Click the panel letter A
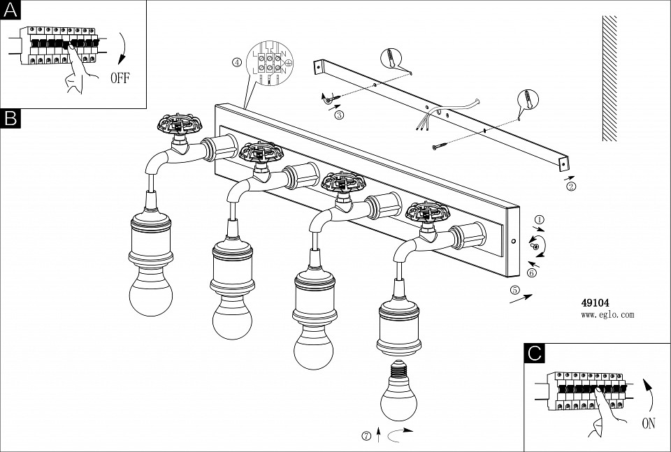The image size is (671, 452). [11, 10]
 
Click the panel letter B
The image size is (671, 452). [11, 118]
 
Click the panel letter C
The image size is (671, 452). [534, 353]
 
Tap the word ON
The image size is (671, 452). [649, 423]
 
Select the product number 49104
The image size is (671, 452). [596, 303]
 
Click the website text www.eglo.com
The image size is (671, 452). [607, 315]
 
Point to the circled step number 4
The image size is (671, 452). [237, 62]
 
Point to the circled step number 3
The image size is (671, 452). [339, 115]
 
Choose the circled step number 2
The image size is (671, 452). [571, 187]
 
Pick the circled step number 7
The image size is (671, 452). [366, 437]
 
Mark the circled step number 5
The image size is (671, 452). [515, 289]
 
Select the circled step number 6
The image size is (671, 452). [531, 272]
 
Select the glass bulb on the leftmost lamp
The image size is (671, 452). [150, 291]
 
